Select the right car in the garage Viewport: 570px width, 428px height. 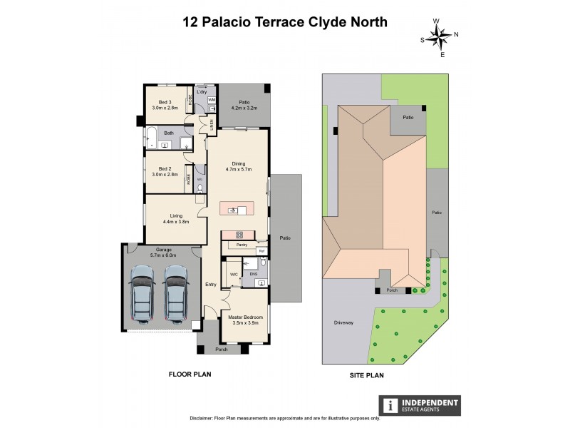177,293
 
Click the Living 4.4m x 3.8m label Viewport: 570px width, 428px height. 176,218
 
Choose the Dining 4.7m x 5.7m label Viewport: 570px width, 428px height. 236,166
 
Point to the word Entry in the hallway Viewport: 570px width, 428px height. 211,285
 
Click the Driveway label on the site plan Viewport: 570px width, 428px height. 343,322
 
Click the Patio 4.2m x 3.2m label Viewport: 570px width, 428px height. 244,105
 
